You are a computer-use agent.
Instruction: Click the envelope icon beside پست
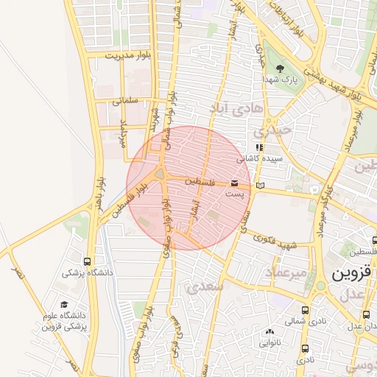coord(234,182)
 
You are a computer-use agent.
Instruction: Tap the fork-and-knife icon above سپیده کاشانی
coord(258,147)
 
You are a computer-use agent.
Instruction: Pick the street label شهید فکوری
coord(277,242)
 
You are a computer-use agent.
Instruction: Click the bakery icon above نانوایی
coord(269,332)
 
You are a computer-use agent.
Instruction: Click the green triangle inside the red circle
coord(160,175)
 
